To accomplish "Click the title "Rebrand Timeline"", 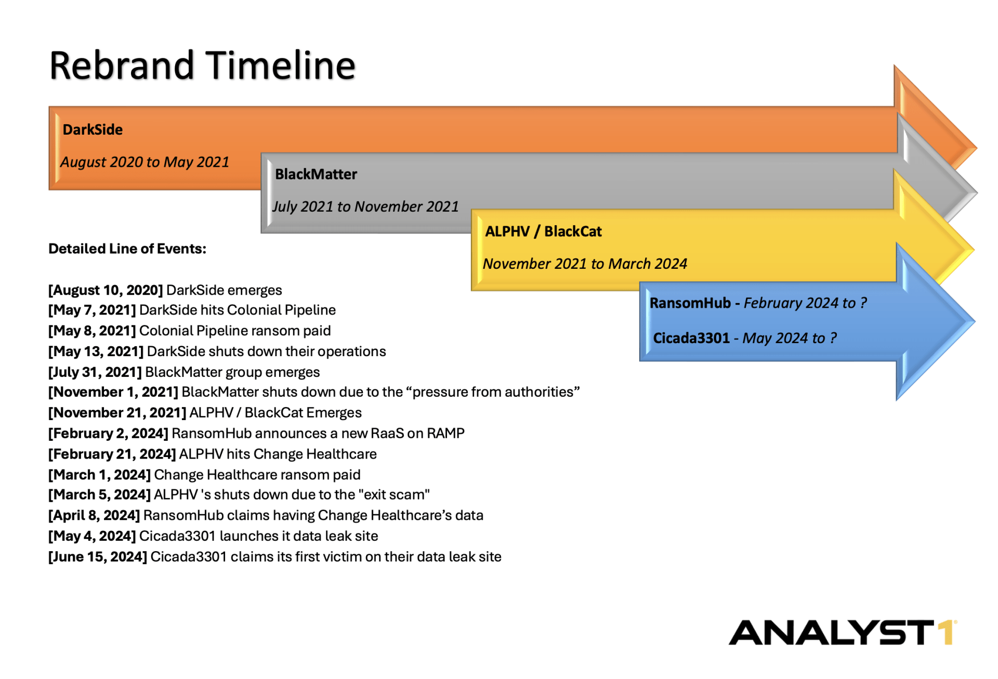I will pos(202,66).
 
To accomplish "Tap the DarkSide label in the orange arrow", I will pos(93,129).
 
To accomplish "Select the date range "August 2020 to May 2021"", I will pos(145,162).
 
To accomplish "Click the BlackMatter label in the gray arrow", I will pos(316,174).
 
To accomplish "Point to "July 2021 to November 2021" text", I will pos(365,207).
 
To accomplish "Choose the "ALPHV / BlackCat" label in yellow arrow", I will pos(543,231).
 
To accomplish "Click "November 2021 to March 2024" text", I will pos(585,264).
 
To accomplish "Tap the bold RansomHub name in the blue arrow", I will pos(690,303).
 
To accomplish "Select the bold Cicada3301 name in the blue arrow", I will pos(691,338).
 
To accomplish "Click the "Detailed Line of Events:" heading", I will pos(127,249).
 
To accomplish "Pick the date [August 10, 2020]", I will pos(106,290).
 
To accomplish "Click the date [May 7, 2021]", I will pos(92,310).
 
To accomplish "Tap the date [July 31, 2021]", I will pos(95,372).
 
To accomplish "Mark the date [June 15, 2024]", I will pos(98,557).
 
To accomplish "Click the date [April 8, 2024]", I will pos(94,516).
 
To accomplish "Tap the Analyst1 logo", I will pos(842,633).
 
